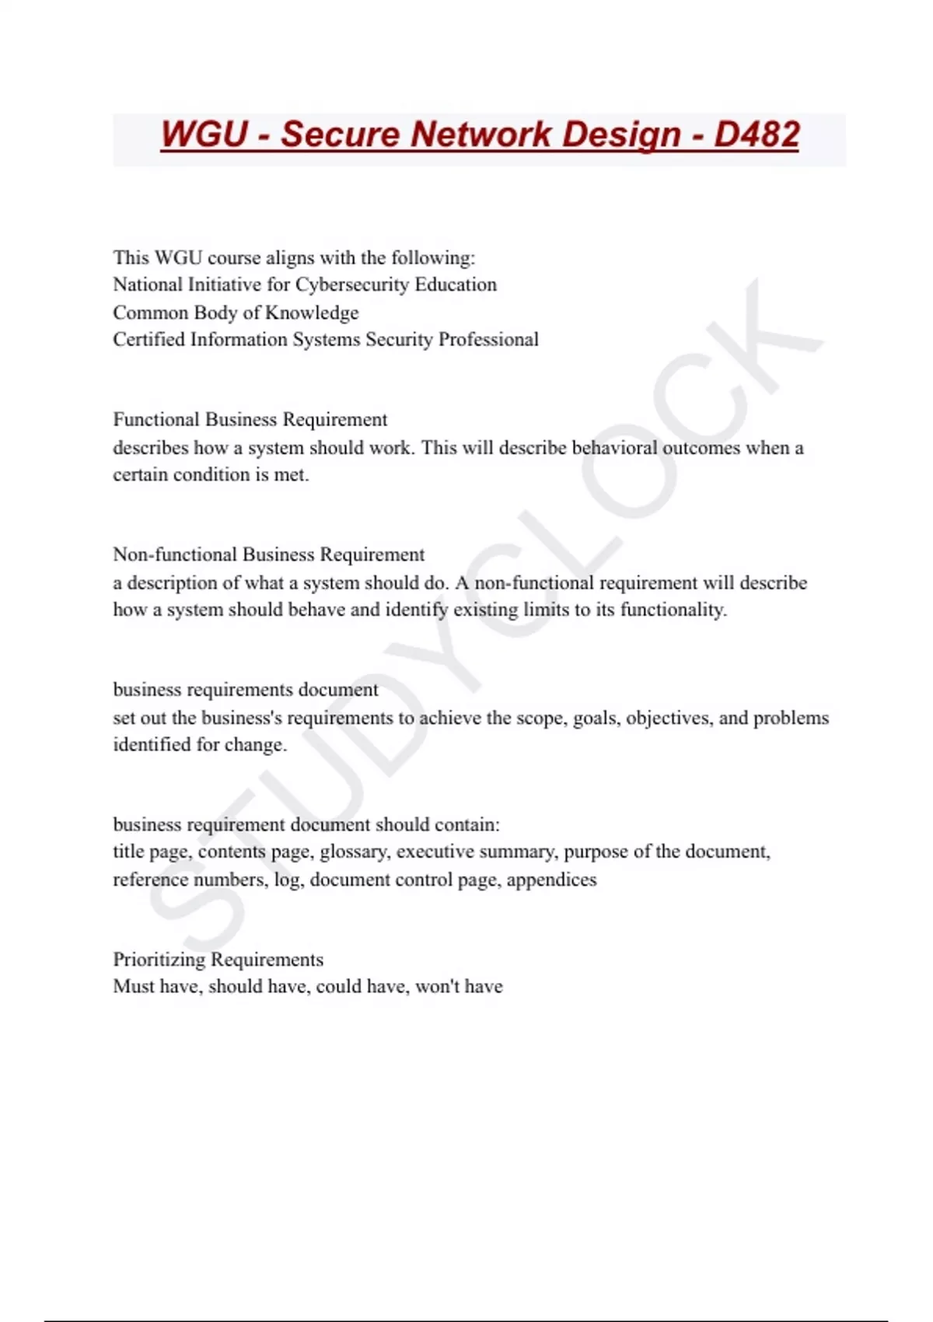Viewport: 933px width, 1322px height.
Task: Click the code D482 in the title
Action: [x=757, y=135]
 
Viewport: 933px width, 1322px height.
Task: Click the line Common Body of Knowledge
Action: [x=236, y=313]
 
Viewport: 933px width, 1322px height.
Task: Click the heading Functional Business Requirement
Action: [x=250, y=420]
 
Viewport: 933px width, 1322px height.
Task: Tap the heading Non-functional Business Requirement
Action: [x=268, y=554]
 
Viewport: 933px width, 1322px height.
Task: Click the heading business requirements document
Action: [x=245, y=690]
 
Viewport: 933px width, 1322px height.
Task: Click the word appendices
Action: [x=551, y=880]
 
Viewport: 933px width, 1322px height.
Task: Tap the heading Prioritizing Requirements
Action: [x=218, y=960]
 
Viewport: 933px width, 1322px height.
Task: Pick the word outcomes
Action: [x=701, y=448]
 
